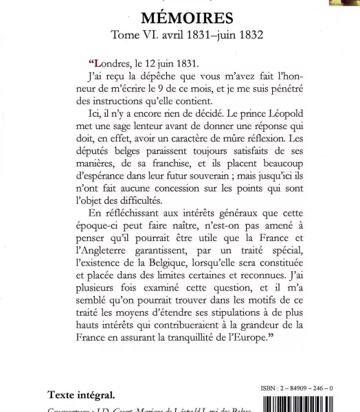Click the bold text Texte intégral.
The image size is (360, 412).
(81, 395)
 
